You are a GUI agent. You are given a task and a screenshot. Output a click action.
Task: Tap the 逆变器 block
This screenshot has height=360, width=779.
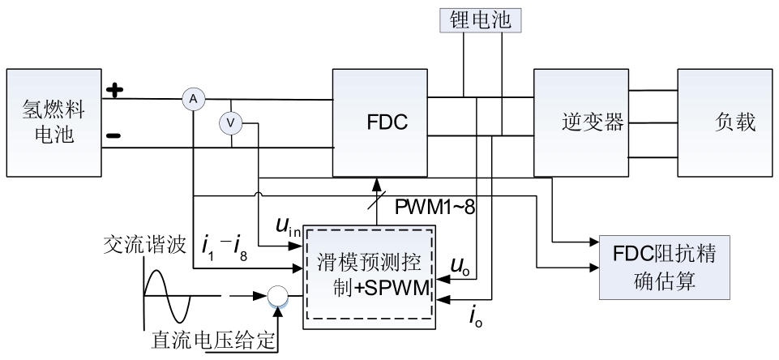581,122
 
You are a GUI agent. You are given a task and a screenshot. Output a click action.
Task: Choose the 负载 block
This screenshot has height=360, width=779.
723,122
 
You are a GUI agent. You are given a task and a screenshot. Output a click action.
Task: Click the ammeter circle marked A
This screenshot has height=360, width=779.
193,98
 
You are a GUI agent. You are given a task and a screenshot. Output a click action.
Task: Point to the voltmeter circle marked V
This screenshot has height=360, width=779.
231,122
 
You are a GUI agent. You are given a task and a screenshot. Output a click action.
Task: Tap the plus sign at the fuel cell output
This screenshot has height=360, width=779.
116,89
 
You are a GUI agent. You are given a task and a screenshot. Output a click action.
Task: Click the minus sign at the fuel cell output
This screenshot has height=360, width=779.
114,135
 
